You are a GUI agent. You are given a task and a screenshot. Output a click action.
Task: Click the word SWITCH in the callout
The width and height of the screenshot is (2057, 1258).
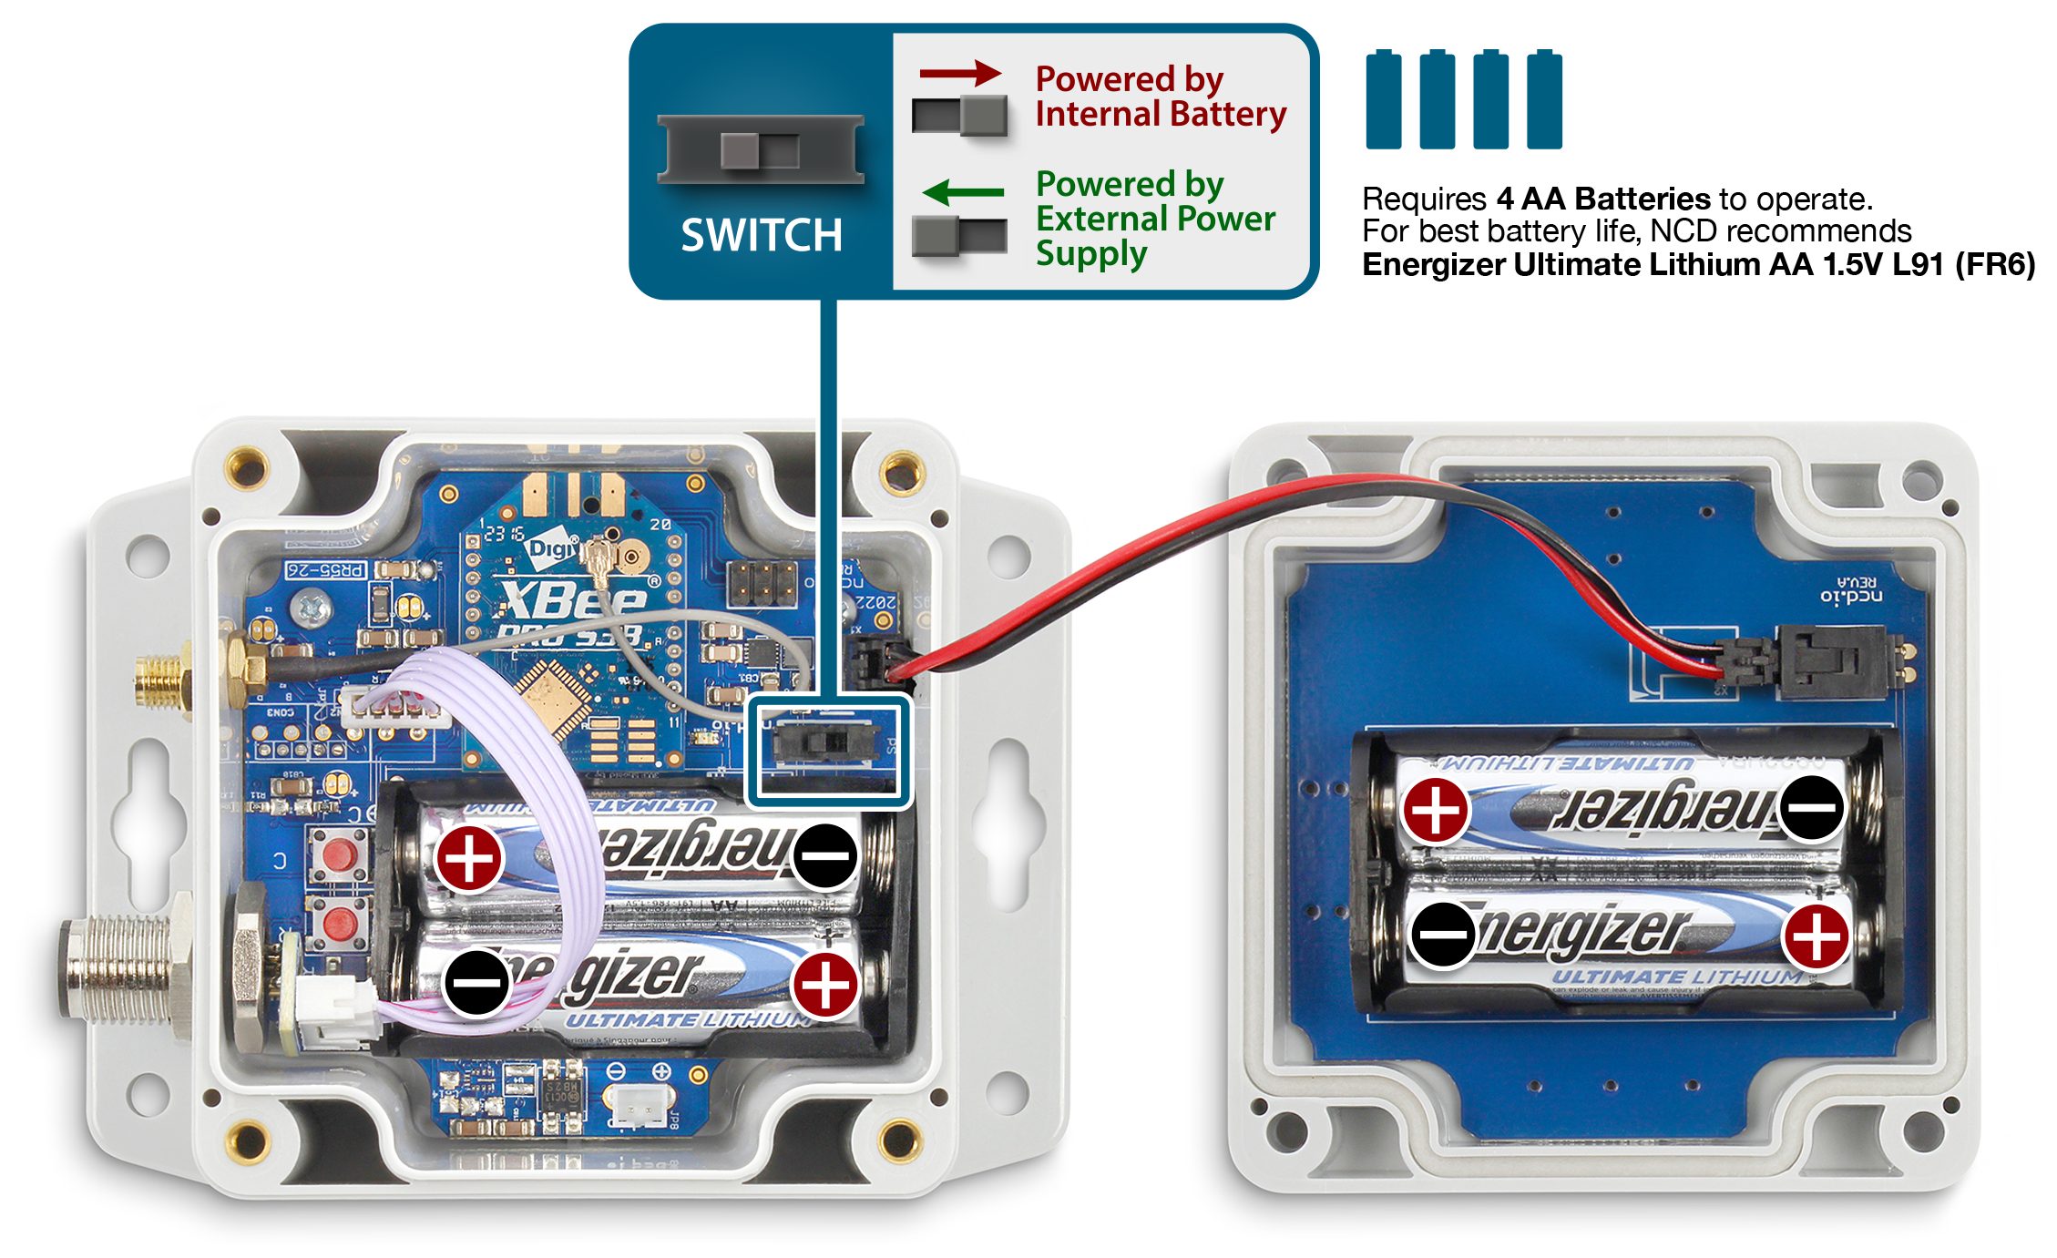click(762, 235)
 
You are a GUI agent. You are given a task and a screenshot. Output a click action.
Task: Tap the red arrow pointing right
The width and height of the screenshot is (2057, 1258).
click(960, 73)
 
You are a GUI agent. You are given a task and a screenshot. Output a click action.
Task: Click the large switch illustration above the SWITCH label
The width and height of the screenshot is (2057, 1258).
click(761, 149)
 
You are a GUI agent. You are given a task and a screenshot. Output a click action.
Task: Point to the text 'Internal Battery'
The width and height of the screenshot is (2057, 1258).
click(1161, 115)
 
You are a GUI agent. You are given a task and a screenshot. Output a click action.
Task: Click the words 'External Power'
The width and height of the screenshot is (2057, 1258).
click(1155, 219)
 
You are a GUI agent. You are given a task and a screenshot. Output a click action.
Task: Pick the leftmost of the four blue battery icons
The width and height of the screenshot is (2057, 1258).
click(1383, 100)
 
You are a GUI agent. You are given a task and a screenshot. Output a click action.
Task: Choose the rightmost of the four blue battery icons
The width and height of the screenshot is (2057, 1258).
click(1544, 100)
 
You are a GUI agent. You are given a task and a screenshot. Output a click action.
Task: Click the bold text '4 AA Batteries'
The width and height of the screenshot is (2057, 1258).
click(1603, 199)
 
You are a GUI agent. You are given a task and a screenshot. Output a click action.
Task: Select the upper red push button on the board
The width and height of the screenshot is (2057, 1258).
click(339, 855)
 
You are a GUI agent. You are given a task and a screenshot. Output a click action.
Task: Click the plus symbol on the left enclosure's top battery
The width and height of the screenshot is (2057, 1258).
click(469, 857)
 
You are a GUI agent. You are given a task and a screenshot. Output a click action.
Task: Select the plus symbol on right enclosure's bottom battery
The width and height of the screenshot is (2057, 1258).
click(1816, 936)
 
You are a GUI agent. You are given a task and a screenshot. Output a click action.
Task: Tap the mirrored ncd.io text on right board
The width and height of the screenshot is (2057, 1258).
click(1851, 596)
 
